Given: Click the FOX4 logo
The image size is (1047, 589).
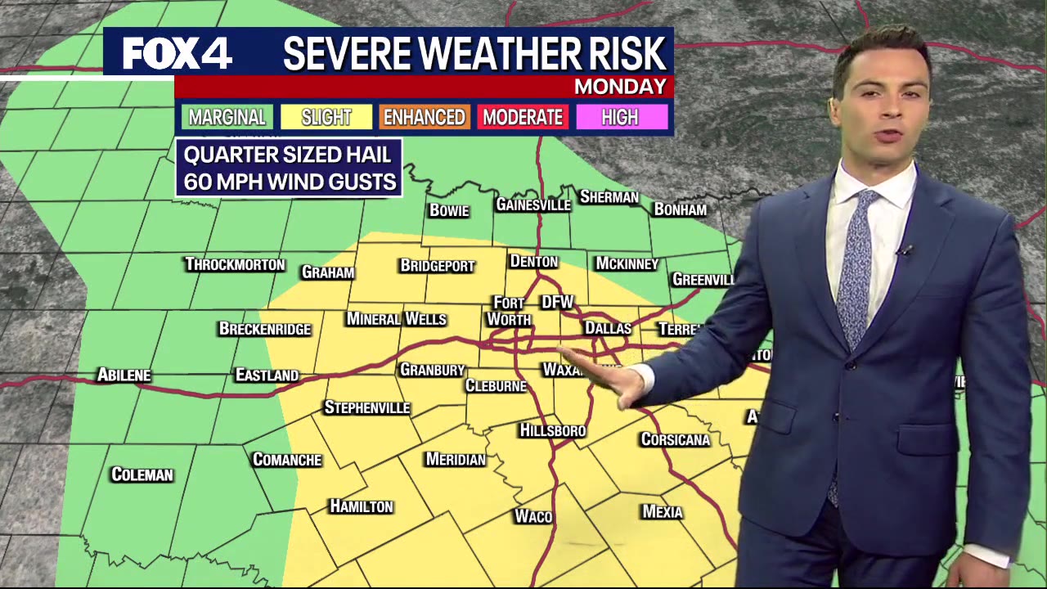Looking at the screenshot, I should pos(177,54).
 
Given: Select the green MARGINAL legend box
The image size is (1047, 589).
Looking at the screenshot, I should pos(227,117).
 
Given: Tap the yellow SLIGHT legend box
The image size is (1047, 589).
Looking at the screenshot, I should pos(326,117).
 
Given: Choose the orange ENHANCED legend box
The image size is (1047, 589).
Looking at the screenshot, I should pos(425,117).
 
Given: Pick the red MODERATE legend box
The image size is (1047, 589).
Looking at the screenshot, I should pos(523,117).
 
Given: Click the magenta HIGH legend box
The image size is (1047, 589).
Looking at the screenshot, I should pos(620,117).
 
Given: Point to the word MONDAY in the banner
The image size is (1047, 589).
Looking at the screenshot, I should pos(620,87).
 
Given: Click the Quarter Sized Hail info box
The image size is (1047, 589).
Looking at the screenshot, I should pos(289,168).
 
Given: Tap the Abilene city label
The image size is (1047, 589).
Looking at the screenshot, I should pos(124,375).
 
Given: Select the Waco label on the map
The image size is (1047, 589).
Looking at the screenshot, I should pos(533,516).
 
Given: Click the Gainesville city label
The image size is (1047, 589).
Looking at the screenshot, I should pos(532,205).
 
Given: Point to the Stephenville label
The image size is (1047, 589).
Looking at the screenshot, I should pos(366,407).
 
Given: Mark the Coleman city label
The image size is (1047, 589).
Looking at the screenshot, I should pos(142,474).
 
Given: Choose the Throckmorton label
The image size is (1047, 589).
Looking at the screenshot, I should pos(235,264).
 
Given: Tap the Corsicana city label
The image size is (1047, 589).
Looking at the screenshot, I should pos(675,439).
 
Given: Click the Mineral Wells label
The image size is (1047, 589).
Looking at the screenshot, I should pos(397,318).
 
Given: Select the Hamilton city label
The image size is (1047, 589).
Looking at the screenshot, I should pos(362,506).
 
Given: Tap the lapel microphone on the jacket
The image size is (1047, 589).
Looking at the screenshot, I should pos(904,251).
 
